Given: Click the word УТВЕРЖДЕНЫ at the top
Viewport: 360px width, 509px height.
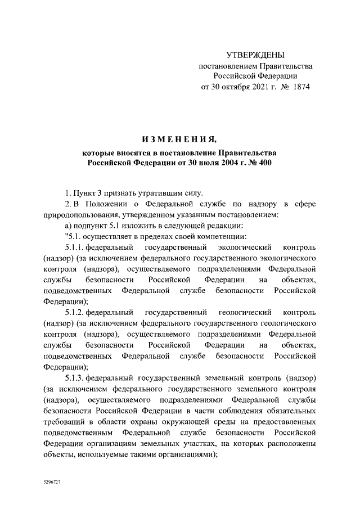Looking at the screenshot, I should tap(255, 55).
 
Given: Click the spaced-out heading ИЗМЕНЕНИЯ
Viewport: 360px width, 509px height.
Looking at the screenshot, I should tap(179, 139).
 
